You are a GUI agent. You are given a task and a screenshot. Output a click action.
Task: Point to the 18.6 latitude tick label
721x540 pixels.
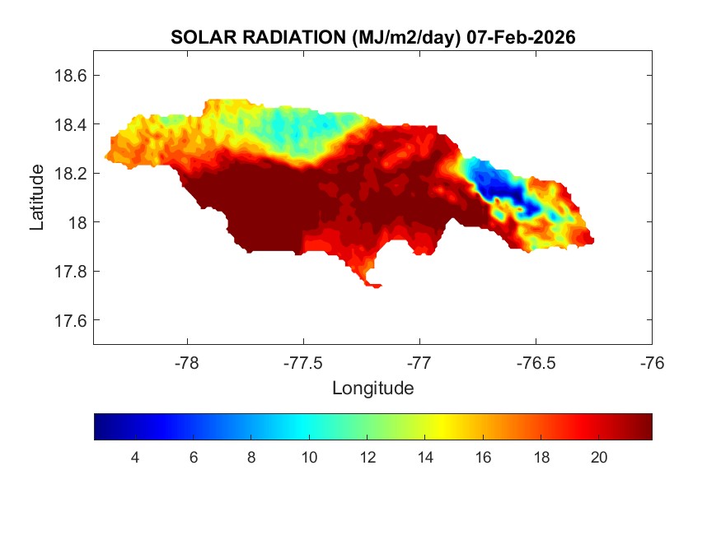tap(70, 76)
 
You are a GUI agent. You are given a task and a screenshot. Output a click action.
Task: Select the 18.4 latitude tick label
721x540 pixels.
tap(70, 124)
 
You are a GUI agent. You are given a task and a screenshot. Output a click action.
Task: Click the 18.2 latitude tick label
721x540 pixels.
tap(70, 174)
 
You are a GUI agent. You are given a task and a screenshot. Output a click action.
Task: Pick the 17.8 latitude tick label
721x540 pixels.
tap(70, 272)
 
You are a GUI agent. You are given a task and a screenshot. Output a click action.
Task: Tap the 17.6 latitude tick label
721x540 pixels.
tap(70, 320)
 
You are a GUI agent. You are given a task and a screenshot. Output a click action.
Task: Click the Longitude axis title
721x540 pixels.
tap(372, 388)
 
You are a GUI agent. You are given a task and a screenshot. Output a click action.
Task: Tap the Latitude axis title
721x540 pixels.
tap(37, 197)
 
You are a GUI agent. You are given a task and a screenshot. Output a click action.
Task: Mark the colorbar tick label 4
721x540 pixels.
tap(135, 458)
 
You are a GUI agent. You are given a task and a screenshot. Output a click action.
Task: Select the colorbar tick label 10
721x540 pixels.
tap(309, 458)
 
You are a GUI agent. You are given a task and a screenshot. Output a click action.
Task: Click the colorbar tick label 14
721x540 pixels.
tap(425, 458)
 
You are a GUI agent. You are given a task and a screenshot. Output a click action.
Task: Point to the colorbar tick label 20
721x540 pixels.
tap(599, 458)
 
